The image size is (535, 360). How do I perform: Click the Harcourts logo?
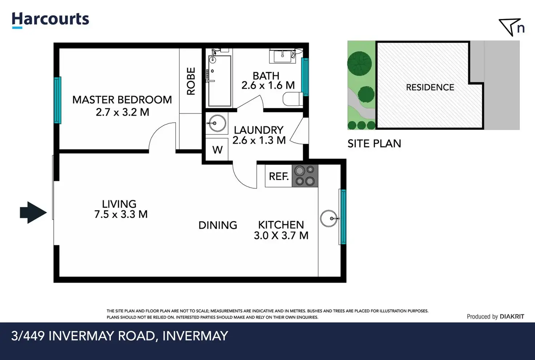click(x=51, y=20)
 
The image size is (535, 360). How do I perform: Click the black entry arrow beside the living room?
click(x=33, y=213)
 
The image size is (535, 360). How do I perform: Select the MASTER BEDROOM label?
click(x=122, y=100)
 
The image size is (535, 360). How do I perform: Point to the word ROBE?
click(x=191, y=81)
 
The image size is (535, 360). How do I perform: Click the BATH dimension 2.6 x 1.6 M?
click(x=268, y=85)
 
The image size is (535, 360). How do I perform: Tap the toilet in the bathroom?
click(x=293, y=99)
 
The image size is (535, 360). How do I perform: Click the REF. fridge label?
click(x=279, y=177)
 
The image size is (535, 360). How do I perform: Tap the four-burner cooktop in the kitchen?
click(x=305, y=176)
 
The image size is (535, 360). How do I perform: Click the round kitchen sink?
click(x=329, y=218)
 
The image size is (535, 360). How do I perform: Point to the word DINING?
click(x=218, y=225)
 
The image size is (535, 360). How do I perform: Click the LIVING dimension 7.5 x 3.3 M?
click(x=121, y=214)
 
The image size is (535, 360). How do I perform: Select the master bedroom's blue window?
click(x=57, y=100)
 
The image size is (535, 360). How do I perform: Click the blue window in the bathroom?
click(x=305, y=77)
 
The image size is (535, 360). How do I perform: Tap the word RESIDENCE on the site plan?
click(x=430, y=88)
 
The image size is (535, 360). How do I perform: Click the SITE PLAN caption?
click(x=374, y=143)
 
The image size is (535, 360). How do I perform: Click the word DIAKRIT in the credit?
click(x=512, y=316)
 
